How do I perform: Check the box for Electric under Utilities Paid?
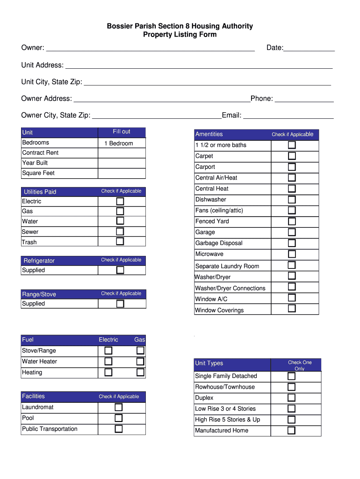pyautogui.click(x=120, y=201)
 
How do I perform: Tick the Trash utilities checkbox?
pyautogui.click(x=120, y=241)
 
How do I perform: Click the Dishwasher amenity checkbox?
pyautogui.click(x=292, y=199)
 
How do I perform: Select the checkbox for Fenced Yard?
pyautogui.click(x=292, y=221)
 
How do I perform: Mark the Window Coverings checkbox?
pyautogui.click(x=292, y=308)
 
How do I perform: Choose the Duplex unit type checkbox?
pyautogui.click(x=291, y=398)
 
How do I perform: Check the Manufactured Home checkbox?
pyautogui.click(x=291, y=430)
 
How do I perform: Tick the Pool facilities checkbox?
pyautogui.click(x=119, y=418)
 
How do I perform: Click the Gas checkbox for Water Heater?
pyautogui.click(x=140, y=361)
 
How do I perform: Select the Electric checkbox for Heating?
pyautogui.click(x=108, y=372)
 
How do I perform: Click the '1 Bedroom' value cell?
pyautogui.click(x=122, y=143)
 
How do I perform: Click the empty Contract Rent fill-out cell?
pyautogui.click(x=122, y=153)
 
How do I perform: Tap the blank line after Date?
pyautogui.click(x=309, y=48)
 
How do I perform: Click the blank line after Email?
pyautogui.click(x=288, y=116)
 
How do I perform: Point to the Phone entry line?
pyautogui.click(x=304, y=99)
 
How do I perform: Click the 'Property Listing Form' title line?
pyautogui.click(x=180, y=35)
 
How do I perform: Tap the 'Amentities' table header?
pyautogui.click(x=209, y=134)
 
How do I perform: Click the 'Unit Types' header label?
pyautogui.click(x=209, y=363)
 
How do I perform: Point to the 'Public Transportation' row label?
pyautogui.click(x=50, y=429)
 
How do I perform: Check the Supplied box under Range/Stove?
pyautogui.click(x=120, y=304)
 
